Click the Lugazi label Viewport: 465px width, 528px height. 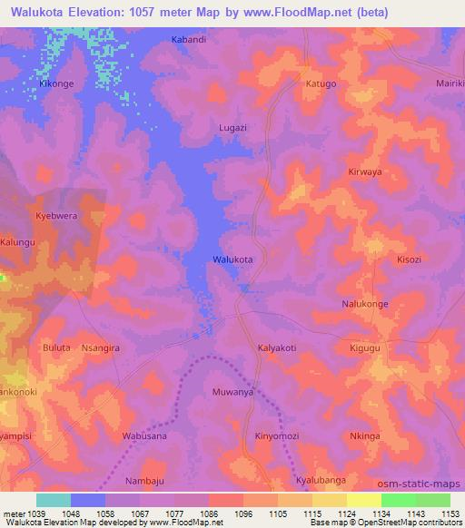[x=232, y=128]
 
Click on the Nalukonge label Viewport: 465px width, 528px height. [x=365, y=304]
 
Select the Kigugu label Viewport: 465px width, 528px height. [x=366, y=347]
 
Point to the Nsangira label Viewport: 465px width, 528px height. [x=101, y=347]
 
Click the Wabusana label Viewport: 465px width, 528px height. [x=143, y=435]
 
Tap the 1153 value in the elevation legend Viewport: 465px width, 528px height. [x=449, y=513]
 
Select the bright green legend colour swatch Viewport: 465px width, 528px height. [x=399, y=500]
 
